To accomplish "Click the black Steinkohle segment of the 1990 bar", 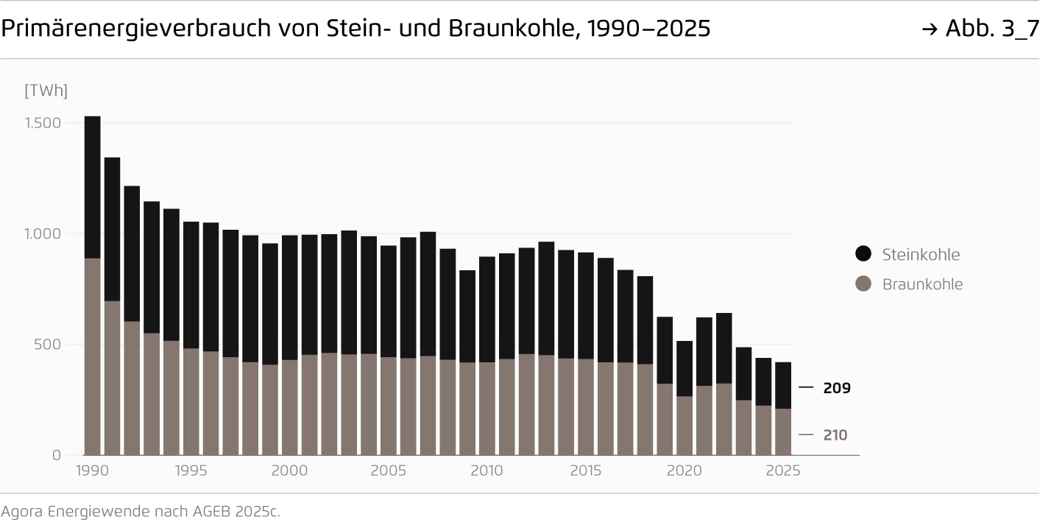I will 92,187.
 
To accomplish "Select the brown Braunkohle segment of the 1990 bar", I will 92,356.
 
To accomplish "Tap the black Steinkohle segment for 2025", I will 783,385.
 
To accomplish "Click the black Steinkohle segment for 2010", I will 487,309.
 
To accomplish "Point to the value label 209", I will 836,388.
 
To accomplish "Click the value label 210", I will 835,435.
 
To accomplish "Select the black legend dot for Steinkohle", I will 863,254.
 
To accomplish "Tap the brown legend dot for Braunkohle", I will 863,284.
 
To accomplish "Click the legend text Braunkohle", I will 922,284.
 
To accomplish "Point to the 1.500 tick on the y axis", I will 43,123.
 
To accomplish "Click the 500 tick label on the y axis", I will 46,345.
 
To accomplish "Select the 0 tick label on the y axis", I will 57,456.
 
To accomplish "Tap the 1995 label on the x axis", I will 191,471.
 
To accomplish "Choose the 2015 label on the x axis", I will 586,471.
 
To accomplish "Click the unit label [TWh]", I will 46,91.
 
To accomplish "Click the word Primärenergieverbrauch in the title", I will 132,29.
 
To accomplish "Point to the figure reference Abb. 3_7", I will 991,29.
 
